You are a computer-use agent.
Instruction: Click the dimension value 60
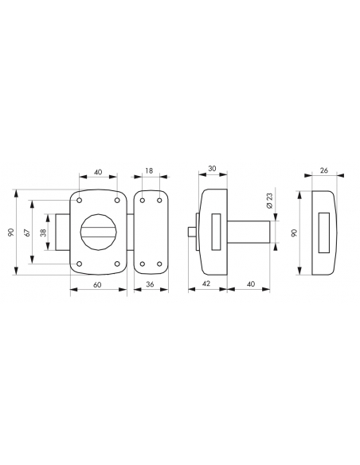(x=97, y=285)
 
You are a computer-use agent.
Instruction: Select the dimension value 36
(x=151, y=284)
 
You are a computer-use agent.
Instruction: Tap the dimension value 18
(x=150, y=170)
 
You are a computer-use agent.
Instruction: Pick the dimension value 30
(x=212, y=169)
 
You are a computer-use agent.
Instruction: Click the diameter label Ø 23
(x=269, y=201)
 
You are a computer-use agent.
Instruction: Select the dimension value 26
(x=324, y=170)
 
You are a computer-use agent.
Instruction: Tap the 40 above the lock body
(x=98, y=172)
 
